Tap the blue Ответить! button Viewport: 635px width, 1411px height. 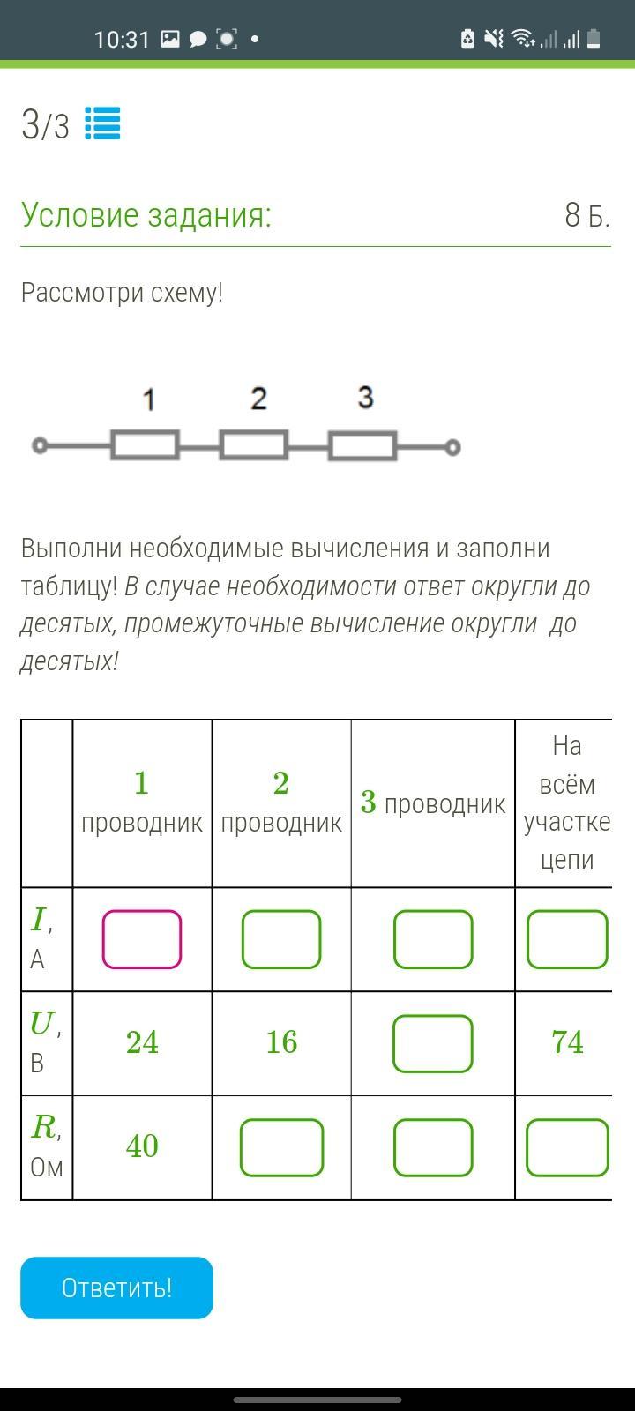click(116, 1288)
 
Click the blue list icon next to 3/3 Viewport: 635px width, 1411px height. click(102, 124)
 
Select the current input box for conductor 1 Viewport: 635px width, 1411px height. click(142, 939)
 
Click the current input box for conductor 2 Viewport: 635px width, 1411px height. click(281, 939)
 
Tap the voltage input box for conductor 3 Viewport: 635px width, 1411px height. click(433, 1043)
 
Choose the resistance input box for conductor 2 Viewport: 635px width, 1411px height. click(281, 1147)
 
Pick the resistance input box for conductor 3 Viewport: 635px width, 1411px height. click(433, 1147)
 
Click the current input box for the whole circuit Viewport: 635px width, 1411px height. click(567, 939)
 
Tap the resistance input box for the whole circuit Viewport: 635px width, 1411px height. click(567, 1147)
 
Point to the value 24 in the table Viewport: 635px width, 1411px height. click(142, 1042)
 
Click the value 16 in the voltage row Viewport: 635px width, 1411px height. click(281, 1042)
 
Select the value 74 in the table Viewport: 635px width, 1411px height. click(567, 1042)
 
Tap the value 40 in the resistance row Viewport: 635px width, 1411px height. click(142, 1146)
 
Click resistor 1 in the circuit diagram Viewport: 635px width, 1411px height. click(146, 445)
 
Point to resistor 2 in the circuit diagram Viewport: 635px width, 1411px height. click(254, 445)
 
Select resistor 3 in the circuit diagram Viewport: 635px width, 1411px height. click(362, 446)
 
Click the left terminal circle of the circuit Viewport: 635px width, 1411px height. click(39, 446)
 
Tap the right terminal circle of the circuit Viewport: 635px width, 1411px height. click(452, 447)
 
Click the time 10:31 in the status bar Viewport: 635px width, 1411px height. click(122, 39)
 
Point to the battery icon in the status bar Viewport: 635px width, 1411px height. click(594, 39)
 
